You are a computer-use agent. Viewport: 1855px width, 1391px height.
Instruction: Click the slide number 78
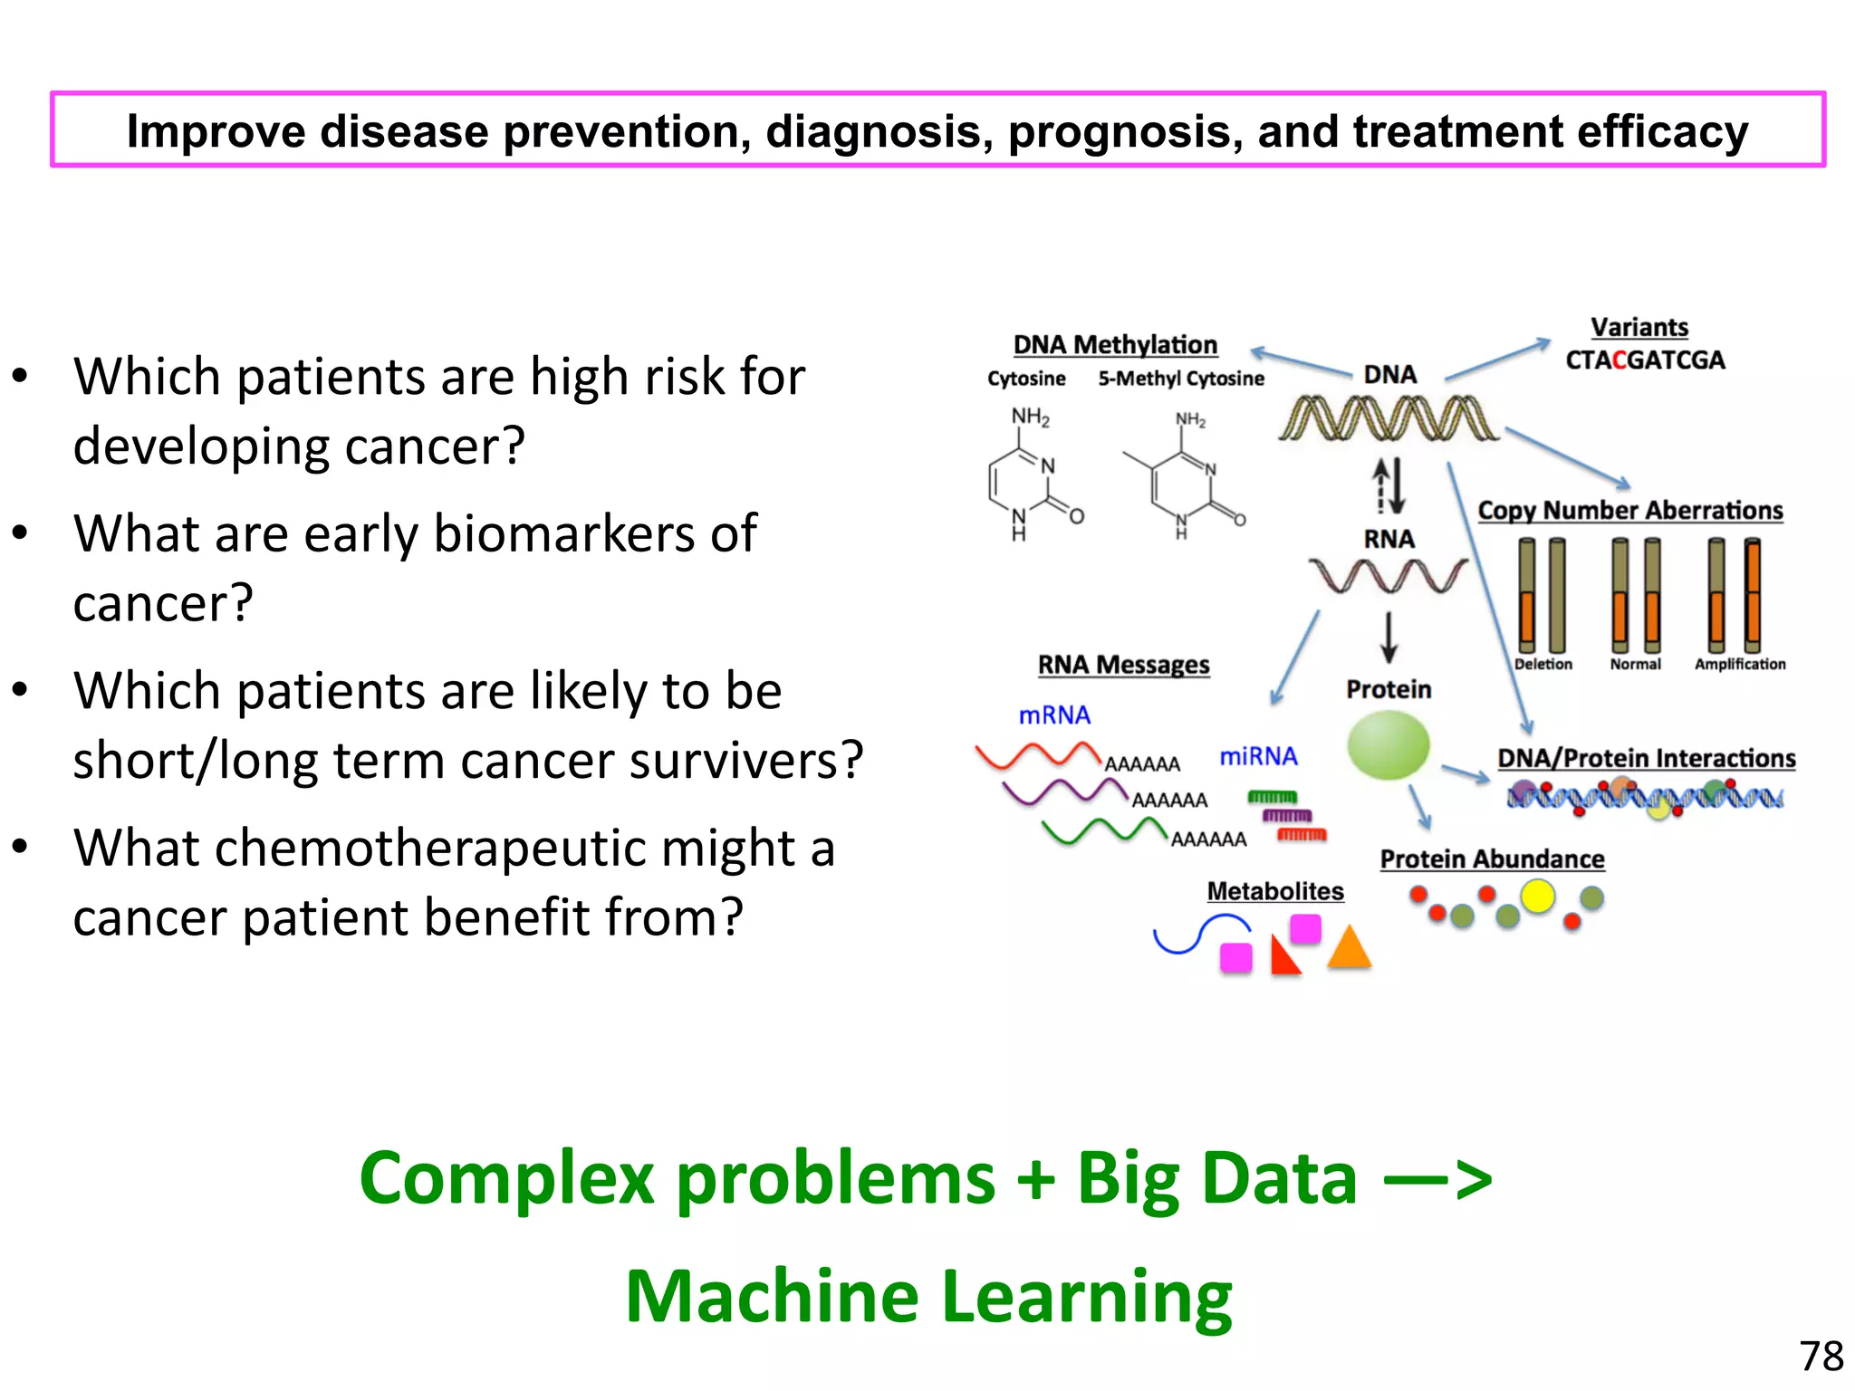click(x=1821, y=1357)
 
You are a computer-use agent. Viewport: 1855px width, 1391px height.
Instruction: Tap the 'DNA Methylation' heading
click(x=1115, y=345)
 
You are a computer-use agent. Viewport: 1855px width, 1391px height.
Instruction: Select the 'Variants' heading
click(x=1639, y=327)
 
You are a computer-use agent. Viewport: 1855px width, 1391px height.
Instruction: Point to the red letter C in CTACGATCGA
click(x=1620, y=360)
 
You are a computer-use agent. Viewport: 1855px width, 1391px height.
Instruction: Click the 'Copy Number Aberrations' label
click(x=1630, y=511)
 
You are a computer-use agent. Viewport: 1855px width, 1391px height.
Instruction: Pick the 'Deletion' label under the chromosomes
click(x=1543, y=664)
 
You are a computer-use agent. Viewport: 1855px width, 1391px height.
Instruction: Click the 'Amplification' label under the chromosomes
click(x=1740, y=664)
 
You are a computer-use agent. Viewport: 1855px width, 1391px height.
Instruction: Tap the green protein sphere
click(x=1388, y=745)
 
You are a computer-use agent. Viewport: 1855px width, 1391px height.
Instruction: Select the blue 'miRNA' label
click(x=1258, y=756)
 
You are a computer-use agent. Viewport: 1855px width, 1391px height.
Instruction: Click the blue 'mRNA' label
click(x=1054, y=715)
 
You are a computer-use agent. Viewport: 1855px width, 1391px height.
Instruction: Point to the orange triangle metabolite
click(x=1350, y=949)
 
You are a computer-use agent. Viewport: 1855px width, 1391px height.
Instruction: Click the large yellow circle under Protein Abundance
click(x=1538, y=897)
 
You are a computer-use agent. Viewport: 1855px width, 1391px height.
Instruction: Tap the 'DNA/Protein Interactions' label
click(x=1646, y=758)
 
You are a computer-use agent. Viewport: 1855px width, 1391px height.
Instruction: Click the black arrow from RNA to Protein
click(x=1389, y=638)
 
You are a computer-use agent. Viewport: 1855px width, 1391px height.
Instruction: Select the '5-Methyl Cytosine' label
click(x=1181, y=379)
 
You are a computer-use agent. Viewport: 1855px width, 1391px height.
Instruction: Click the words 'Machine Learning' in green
click(x=928, y=1296)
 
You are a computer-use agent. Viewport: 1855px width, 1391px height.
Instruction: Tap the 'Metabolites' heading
click(x=1274, y=891)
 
